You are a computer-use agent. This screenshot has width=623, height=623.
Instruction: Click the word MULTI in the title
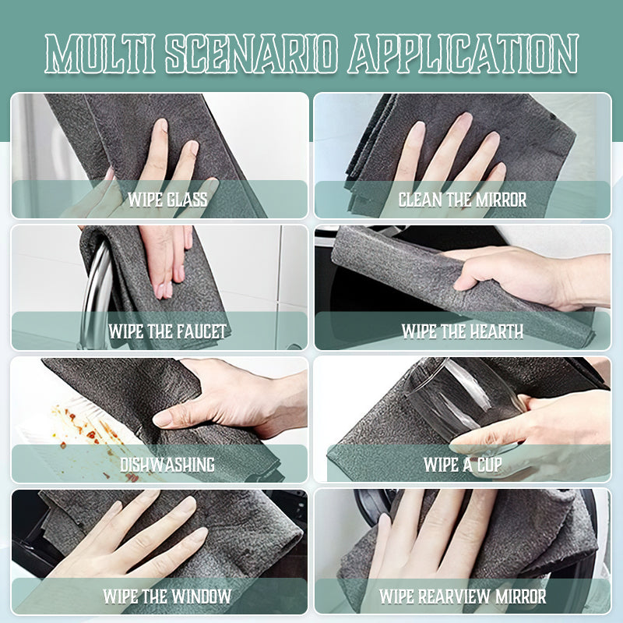click(100, 53)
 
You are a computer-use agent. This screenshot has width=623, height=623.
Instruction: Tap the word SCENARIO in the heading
click(251, 53)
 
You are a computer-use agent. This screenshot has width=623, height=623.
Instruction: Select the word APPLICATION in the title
click(463, 53)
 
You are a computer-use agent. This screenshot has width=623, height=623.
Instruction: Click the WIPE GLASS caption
click(167, 200)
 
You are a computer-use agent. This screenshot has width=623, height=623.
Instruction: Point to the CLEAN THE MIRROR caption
click(463, 200)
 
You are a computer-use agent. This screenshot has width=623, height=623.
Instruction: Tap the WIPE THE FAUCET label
click(167, 331)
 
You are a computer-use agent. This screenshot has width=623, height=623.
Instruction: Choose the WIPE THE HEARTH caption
click(463, 331)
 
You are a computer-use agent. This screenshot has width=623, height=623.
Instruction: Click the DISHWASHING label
click(167, 464)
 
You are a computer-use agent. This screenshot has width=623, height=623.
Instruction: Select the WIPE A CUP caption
click(463, 464)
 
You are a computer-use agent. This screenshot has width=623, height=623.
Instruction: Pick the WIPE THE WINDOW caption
click(167, 596)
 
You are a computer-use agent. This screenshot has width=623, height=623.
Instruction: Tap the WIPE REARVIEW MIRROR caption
click(463, 596)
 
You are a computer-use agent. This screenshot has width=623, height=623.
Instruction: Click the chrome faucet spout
click(95, 290)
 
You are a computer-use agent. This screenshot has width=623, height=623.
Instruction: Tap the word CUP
click(489, 464)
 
